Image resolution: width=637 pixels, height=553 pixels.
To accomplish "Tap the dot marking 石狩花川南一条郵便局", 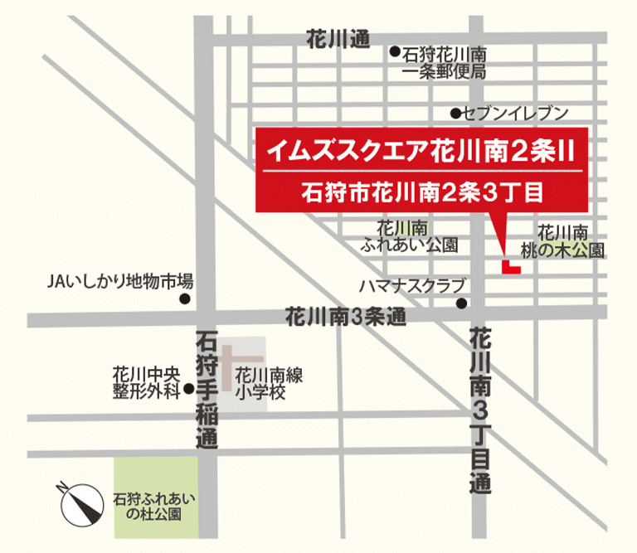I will (396, 51).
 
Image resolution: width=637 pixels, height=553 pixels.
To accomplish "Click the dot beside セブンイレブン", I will (455, 113).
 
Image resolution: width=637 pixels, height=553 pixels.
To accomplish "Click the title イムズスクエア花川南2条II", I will (421, 151).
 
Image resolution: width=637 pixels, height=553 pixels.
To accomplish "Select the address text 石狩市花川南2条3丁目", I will (421, 194).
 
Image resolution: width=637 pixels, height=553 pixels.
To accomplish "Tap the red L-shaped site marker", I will (509, 267).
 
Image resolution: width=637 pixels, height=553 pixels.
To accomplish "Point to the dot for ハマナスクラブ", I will (462, 303).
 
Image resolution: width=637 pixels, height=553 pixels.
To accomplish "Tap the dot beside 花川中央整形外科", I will (189, 387).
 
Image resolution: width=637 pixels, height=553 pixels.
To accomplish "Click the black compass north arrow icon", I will (78, 502).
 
